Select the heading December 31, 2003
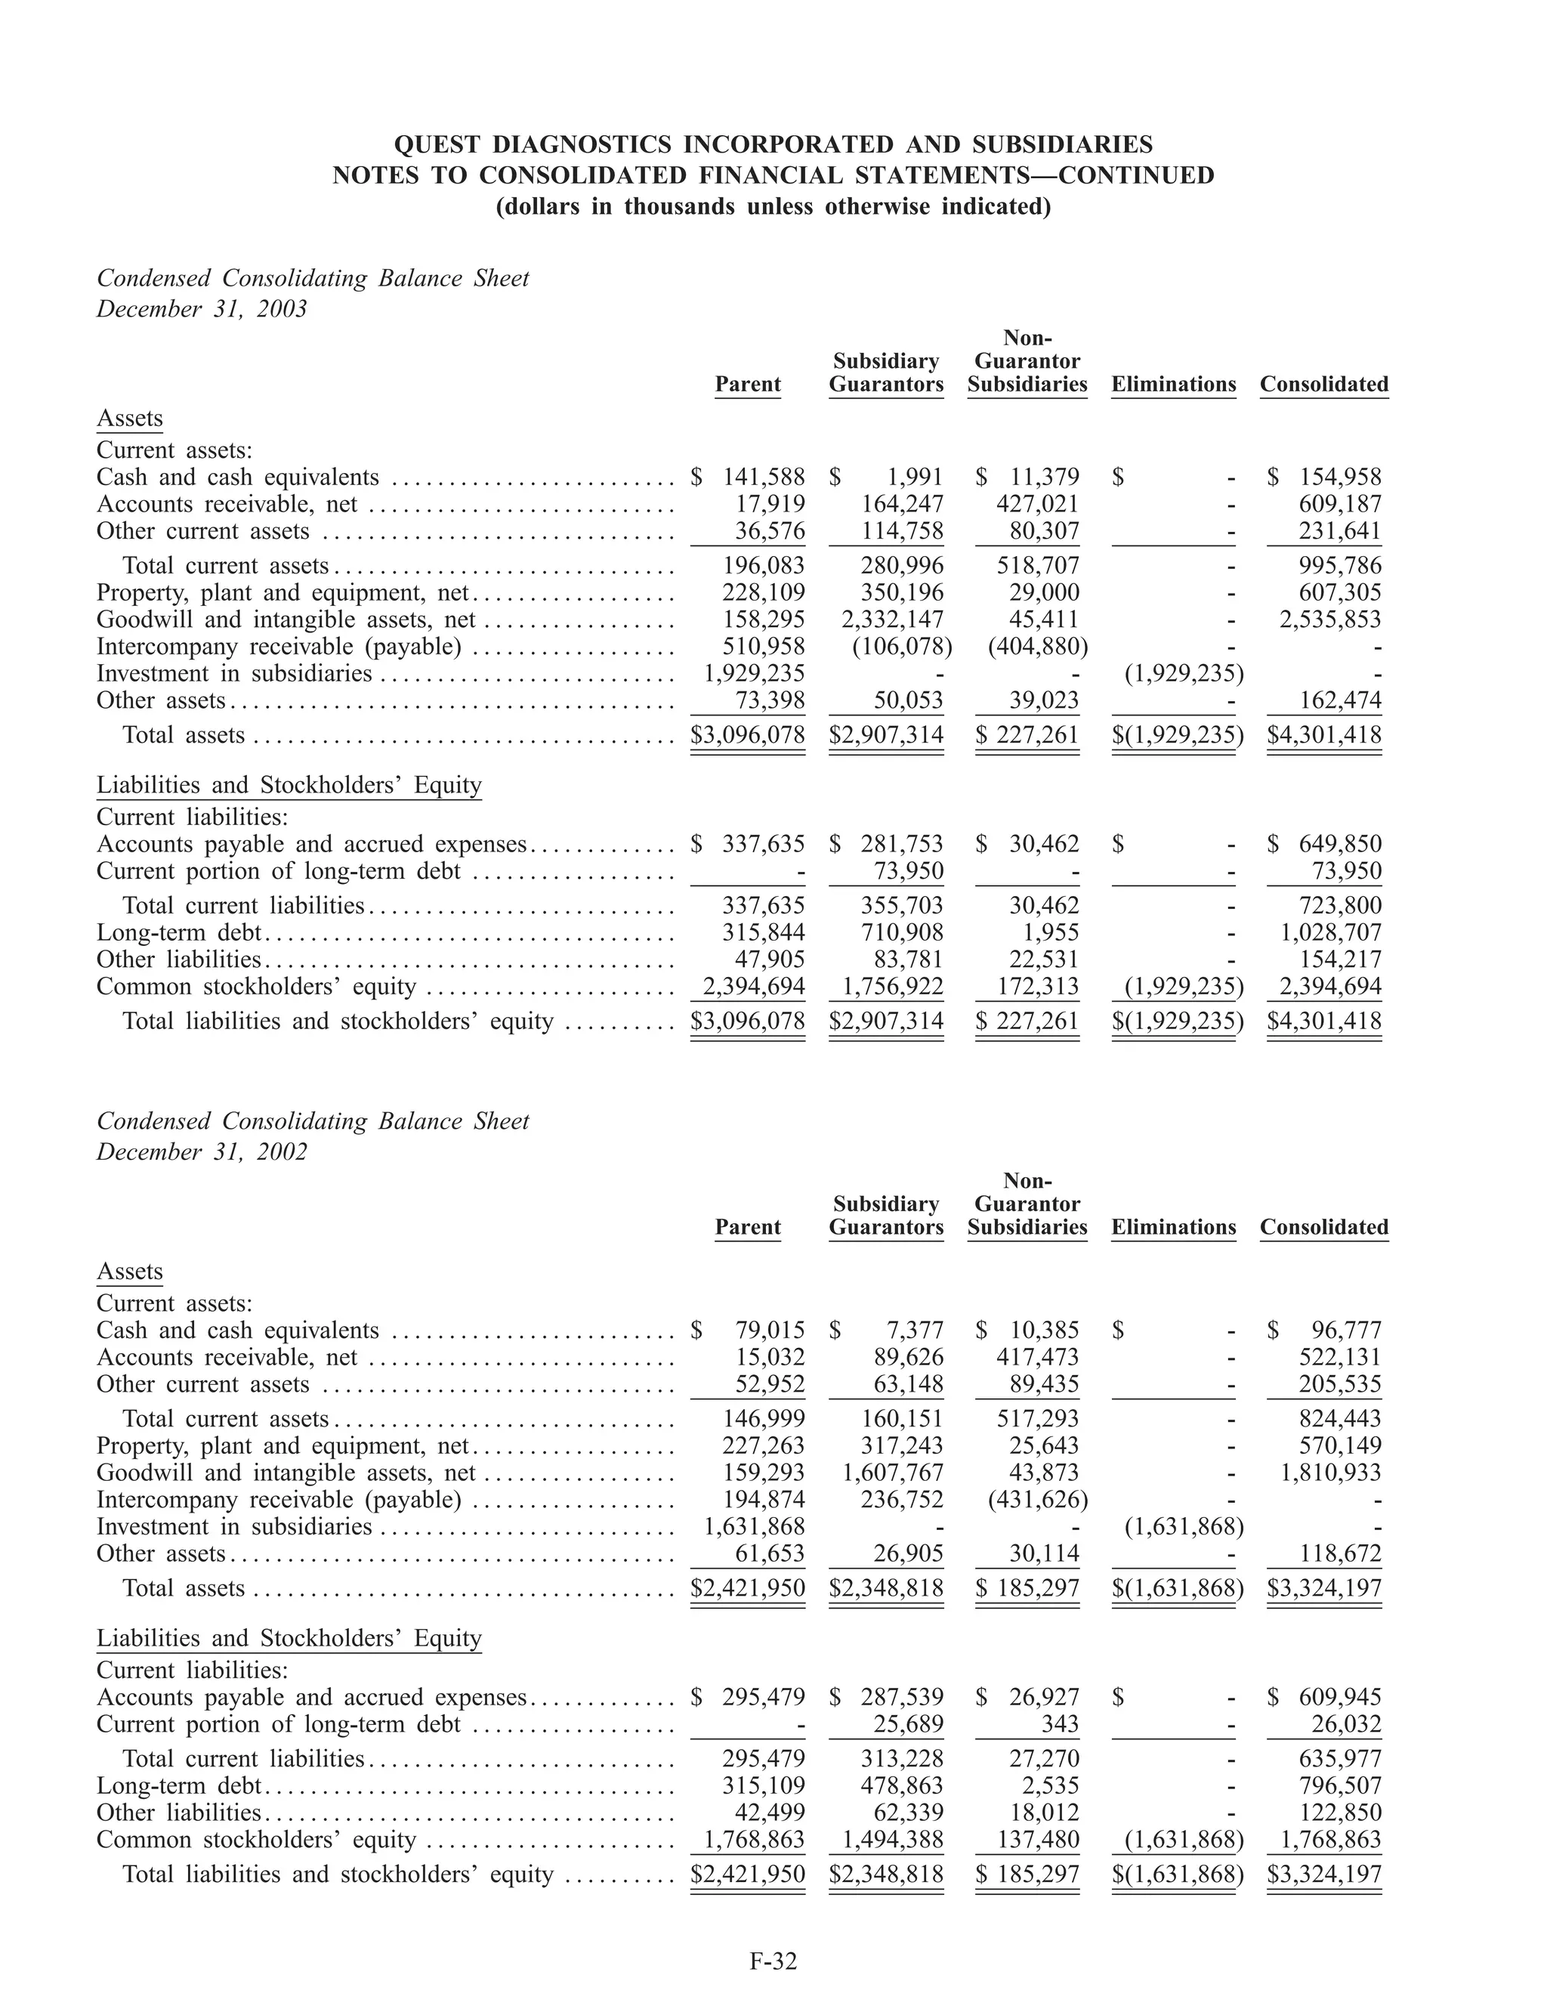[202, 309]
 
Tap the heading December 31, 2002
[202, 1151]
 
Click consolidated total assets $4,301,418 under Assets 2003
[1323, 735]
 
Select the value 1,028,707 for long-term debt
[1330, 933]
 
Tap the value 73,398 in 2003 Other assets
[770, 701]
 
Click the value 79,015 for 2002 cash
[770, 1330]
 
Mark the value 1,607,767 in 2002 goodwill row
[892, 1473]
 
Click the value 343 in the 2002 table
[1061, 1724]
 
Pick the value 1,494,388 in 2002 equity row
[892, 1840]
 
